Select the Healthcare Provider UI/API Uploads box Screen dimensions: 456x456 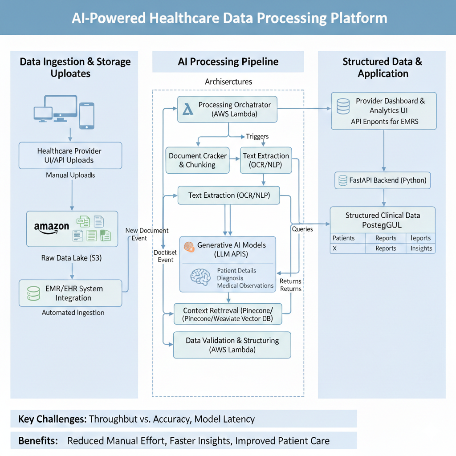click(70, 155)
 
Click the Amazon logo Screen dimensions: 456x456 click(52, 228)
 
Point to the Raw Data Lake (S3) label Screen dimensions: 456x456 click(71, 258)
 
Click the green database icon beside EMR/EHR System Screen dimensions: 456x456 click(33, 293)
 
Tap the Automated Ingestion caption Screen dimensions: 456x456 click(73, 313)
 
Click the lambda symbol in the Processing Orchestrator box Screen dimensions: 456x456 click(188, 110)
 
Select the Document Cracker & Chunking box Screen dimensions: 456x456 click(197, 160)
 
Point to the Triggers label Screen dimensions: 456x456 click(257, 137)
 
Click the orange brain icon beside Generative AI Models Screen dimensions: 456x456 click(189, 247)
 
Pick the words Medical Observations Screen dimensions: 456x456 click(245, 285)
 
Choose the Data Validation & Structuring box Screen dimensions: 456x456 click(232, 345)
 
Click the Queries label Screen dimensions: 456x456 click(302, 229)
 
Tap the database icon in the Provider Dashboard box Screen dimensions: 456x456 click(343, 106)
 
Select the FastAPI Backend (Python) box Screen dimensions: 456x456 click(382, 180)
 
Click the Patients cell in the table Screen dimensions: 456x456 click(343, 238)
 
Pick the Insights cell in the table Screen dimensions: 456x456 click(421, 248)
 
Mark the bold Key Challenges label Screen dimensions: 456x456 click(52, 419)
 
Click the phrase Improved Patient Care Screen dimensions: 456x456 click(282, 441)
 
